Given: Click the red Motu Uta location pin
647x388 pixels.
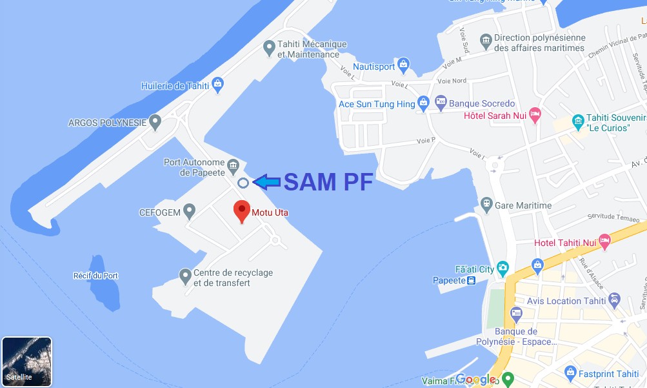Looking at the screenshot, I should tap(242, 210).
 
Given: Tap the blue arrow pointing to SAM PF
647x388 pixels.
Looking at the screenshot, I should tap(267, 183).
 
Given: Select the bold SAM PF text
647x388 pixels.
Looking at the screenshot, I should tap(328, 183).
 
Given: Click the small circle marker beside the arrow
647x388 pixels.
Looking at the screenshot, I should tap(243, 183).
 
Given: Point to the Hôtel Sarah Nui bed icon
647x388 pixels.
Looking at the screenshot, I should tap(535, 116).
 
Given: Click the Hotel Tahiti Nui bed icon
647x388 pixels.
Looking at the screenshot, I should tap(604, 242).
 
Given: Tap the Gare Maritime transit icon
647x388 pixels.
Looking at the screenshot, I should tap(485, 205).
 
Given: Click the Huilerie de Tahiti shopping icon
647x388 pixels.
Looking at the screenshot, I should tap(218, 84).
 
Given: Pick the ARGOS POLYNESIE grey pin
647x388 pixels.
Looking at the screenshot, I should tap(155, 121).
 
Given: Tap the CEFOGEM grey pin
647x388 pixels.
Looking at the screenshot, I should tap(189, 210).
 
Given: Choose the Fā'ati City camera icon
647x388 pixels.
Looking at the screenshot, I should tap(503, 268).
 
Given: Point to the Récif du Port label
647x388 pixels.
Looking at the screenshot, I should tap(96, 276).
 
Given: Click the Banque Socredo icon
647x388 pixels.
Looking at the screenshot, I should tap(441, 101).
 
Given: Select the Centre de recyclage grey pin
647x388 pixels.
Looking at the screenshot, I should tap(185, 276).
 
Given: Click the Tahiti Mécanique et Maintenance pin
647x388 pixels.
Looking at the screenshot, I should tap(270, 47).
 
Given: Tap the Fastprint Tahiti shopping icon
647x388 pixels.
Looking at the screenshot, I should tap(570, 373).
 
